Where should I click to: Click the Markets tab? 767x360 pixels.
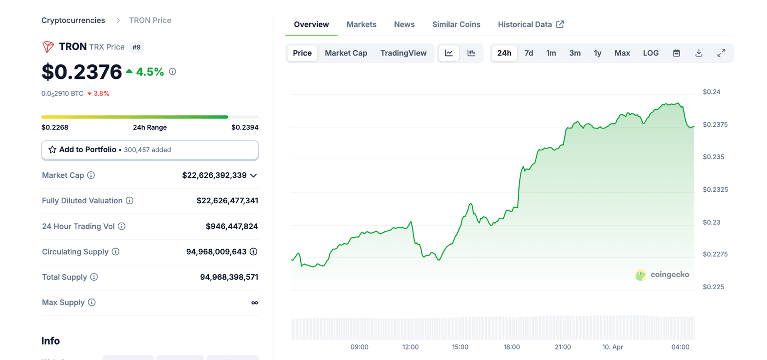pyautogui.click(x=361, y=24)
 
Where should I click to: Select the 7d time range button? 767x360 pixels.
pyautogui.click(x=528, y=53)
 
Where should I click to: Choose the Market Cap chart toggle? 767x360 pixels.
pyautogui.click(x=346, y=53)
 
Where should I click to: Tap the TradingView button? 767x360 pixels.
pyautogui.click(x=403, y=53)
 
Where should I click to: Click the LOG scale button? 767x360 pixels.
pyautogui.click(x=650, y=53)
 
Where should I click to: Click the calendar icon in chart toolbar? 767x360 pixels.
pyautogui.click(x=676, y=53)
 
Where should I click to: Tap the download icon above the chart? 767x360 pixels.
pyautogui.click(x=699, y=53)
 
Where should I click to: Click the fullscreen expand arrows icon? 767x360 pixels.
pyautogui.click(x=721, y=53)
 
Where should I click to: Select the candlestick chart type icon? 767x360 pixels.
pyautogui.click(x=471, y=53)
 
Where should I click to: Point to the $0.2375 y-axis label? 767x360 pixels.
pyautogui.click(x=715, y=124)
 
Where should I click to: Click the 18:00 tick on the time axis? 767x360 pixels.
pyautogui.click(x=511, y=347)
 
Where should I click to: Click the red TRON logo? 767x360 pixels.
pyautogui.click(x=48, y=47)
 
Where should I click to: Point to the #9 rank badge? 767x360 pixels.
pyautogui.click(x=136, y=47)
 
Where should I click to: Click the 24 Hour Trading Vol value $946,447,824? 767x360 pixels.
pyautogui.click(x=232, y=226)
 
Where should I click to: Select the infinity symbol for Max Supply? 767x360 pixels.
pyautogui.click(x=254, y=303)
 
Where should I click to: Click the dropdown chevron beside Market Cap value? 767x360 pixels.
pyautogui.click(x=253, y=175)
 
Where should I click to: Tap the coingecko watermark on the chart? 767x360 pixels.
pyautogui.click(x=662, y=275)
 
